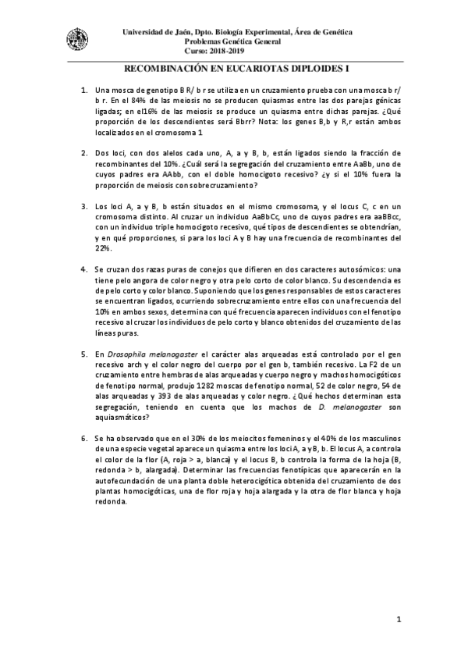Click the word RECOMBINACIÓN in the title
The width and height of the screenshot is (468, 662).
[x=165, y=69]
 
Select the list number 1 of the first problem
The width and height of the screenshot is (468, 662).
[x=84, y=91]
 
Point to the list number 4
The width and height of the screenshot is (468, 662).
[x=84, y=269]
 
